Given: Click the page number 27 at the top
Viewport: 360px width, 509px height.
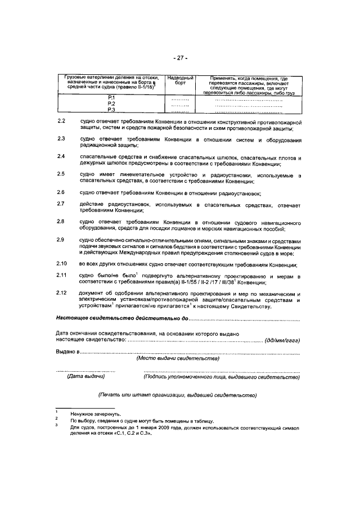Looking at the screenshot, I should pyautogui.click(x=180, y=58).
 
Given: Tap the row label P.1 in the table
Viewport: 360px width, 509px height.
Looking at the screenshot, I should pyautogui.click(x=111, y=99).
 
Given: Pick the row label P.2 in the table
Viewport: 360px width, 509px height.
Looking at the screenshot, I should pyautogui.click(x=111, y=105).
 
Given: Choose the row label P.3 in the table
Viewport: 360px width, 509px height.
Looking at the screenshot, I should pyautogui.click(x=111, y=110).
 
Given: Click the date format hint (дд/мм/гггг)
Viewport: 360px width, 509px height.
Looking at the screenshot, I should pyautogui.click(x=283, y=340).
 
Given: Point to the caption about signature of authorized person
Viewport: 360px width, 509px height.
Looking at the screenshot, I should pyautogui.click(x=222, y=377).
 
